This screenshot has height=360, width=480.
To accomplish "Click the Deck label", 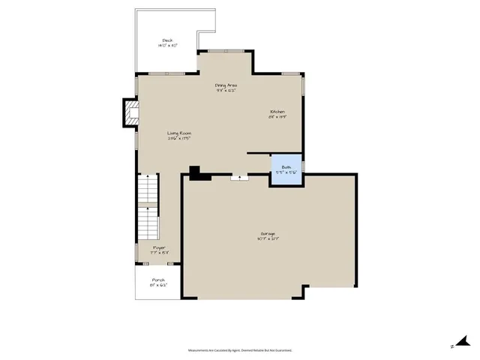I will [x=167, y=40].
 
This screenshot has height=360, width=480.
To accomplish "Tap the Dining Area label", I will [x=226, y=85].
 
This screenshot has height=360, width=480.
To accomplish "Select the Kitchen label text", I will [x=278, y=112].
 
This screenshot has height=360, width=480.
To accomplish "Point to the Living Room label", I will [x=179, y=133].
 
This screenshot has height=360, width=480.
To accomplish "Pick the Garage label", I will [x=268, y=233].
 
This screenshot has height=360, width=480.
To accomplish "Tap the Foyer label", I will [x=159, y=247].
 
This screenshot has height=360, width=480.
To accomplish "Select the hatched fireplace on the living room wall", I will [x=132, y=113].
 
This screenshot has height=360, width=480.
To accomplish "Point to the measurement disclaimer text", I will [x=240, y=350].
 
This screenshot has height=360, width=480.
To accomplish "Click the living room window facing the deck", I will [x=166, y=73].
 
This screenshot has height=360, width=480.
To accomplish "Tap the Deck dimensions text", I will [x=167, y=46].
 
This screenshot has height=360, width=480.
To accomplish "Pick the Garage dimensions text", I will [x=268, y=238].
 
